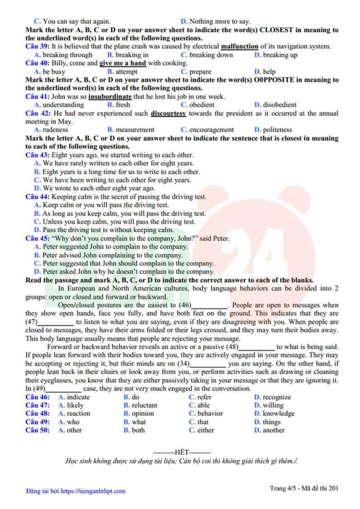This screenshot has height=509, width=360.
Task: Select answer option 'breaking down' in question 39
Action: (211, 55)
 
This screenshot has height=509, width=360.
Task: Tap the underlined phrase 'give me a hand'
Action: (122, 63)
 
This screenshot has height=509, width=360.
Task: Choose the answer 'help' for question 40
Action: (269, 71)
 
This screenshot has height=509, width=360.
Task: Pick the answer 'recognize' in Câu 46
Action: (276, 397)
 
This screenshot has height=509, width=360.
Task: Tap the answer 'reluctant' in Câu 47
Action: (144, 405)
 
